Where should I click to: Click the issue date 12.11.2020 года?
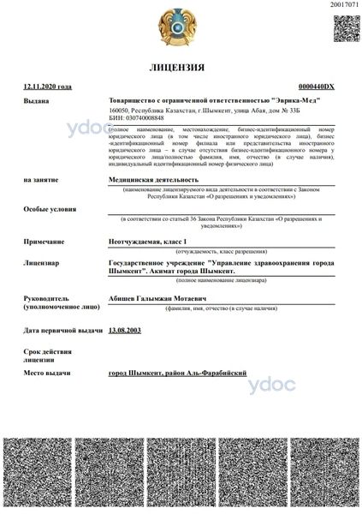pyautogui.click(x=48, y=87)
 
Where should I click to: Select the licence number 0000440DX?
pyautogui.click(x=316, y=87)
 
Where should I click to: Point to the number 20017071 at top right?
pyautogui.click(x=344, y=5)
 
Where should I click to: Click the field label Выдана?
pyautogui.click(x=37, y=101)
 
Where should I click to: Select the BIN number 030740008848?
pyautogui.click(x=137, y=119)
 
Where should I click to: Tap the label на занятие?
pyautogui.click(x=40, y=181)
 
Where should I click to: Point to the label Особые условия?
pyautogui.click(x=48, y=210)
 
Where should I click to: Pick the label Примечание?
pyautogui.click(x=44, y=242)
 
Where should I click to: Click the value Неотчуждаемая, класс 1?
pyautogui.click(x=149, y=242)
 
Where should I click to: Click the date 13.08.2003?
pyautogui.click(x=125, y=330)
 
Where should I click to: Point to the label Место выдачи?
pyautogui.click(x=46, y=374)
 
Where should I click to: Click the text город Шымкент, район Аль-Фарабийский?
pyautogui.click(x=177, y=374)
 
